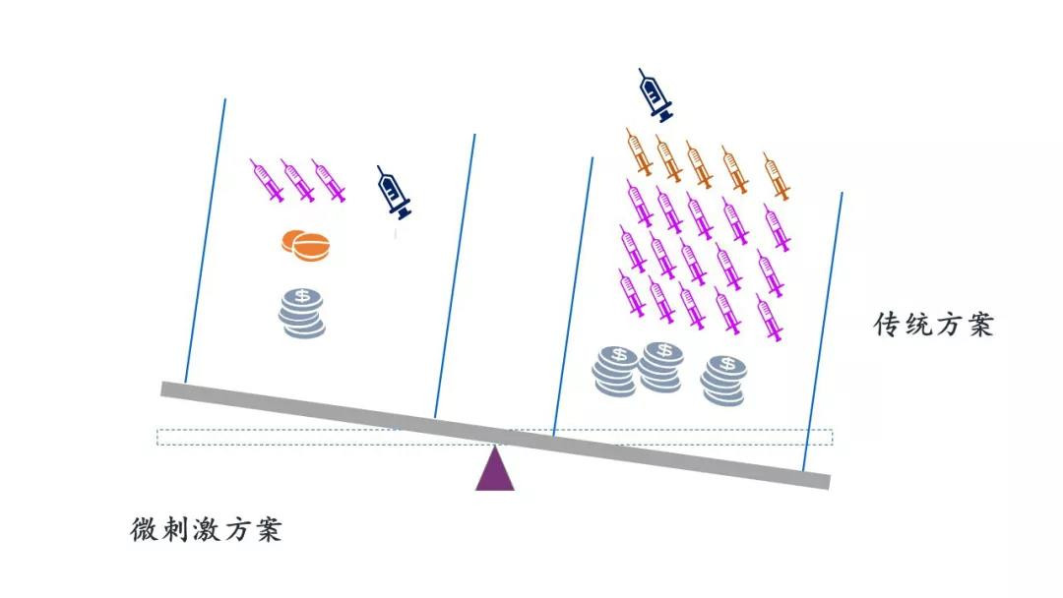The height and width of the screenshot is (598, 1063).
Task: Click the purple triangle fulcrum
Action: click(x=494, y=470)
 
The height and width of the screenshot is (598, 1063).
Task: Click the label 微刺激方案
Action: click(x=207, y=529)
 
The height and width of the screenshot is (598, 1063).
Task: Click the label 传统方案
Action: click(x=934, y=325)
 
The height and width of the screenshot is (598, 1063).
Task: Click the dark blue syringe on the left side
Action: click(x=394, y=193)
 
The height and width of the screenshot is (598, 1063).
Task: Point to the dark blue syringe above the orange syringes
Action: click(x=656, y=94)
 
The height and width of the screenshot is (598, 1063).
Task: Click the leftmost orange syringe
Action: click(x=640, y=151)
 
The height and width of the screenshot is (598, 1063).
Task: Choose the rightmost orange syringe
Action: click(x=777, y=175)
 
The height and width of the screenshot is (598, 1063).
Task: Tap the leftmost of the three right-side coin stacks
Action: click(x=615, y=371)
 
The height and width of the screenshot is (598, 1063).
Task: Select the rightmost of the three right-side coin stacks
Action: click(x=724, y=379)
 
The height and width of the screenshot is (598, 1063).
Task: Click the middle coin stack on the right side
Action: click(x=662, y=366)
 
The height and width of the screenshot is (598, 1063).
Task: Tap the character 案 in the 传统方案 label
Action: click(x=979, y=325)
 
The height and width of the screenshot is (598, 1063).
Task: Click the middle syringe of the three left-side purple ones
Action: click(x=298, y=180)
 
